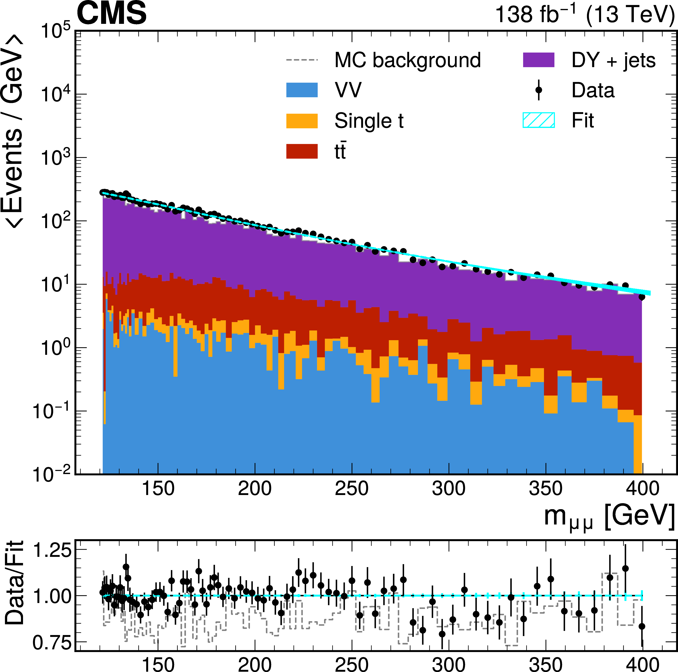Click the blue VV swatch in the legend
(302, 90)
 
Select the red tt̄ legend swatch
(302, 151)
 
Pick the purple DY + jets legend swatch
(539, 60)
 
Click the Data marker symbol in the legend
(539, 90)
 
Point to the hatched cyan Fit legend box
(539, 120)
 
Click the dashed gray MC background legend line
(302, 60)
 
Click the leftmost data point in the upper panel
(102, 192)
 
